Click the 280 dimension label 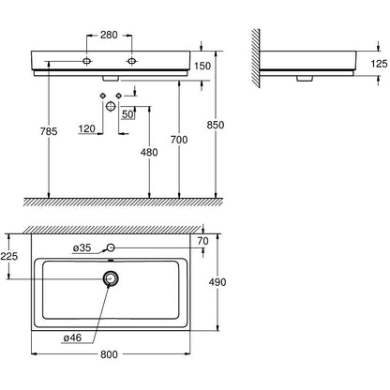click(109, 35)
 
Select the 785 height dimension click(49, 131)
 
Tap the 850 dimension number click(216, 125)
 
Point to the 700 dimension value click(179, 140)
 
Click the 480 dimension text click(149, 153)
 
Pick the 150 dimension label click(202, 66)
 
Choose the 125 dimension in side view click(379, 64)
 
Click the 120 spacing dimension click(87, 128)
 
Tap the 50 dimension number click(127, 114)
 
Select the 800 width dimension click(109, 354)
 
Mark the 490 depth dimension click(217, 282)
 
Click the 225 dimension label click(9, 257)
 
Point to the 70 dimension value click(203, 241)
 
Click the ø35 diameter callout click(82, 248)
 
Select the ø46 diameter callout click(72, 337)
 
